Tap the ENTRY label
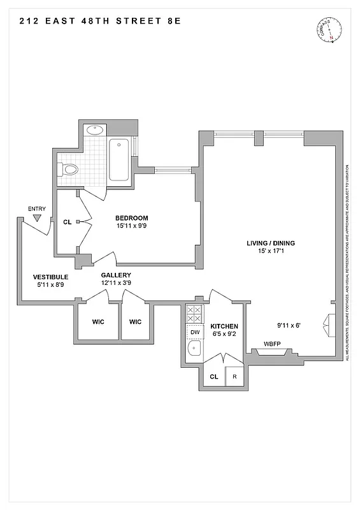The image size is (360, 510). click(37, 208)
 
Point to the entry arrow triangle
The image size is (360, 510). click(37, 218)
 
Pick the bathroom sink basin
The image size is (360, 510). click(95, 129)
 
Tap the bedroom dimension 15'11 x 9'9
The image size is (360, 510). click(132, 226)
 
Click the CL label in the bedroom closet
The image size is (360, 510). click(68, 222)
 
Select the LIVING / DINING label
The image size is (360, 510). click(271, 244)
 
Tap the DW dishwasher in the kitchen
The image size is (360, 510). click(194, 332)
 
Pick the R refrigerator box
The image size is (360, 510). click(234, 377)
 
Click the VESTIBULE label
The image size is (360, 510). click(50, 277)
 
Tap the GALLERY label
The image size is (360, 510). click(116, 275)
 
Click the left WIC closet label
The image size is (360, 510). click(99, 321)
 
